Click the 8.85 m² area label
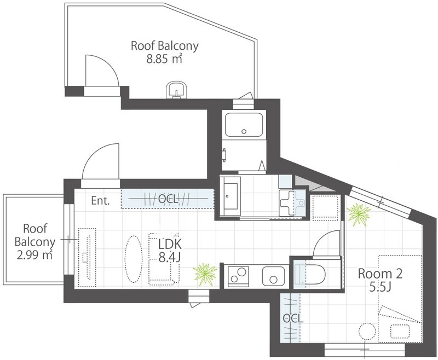point(164,59)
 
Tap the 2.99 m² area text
point(34,255)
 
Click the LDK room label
point(170,244)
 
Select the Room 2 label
point(380,274)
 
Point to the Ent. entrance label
point(101,201)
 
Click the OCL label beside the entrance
point(168,199)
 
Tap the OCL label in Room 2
point(292,318)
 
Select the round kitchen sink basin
point(273,276)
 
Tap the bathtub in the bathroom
point(244,125)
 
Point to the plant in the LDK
point(205,274)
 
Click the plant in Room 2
point(359,214)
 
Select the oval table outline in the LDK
point(133,259)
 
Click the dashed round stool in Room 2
point(367,332)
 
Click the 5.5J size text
point(379,287)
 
